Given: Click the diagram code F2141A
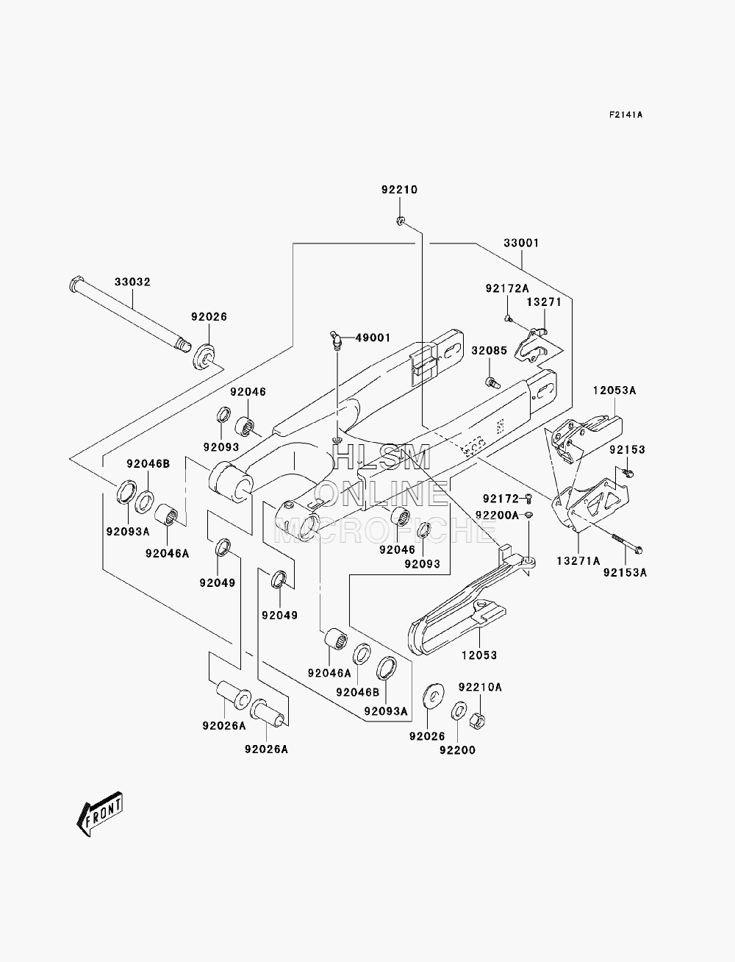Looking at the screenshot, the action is coord(625,115).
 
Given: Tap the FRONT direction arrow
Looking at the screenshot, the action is coord(99,813).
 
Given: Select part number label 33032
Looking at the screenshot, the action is coord(132,282).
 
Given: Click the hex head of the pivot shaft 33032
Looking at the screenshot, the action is coord(76,283).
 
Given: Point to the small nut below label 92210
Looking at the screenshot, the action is coord(400,221).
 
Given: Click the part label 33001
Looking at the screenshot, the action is coord(521,243).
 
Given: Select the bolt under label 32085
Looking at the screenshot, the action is coord(492,382).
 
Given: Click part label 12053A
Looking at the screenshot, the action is coord(614,391).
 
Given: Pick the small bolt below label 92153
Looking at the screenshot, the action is coord(628,472).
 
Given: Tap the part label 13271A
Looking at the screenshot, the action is coord(578,561).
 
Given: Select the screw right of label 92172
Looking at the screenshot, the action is coord(528,499).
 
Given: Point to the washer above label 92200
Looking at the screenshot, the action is coord(459,710).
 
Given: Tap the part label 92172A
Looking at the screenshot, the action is coord(507,288).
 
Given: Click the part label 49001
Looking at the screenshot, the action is coord(373,338).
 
